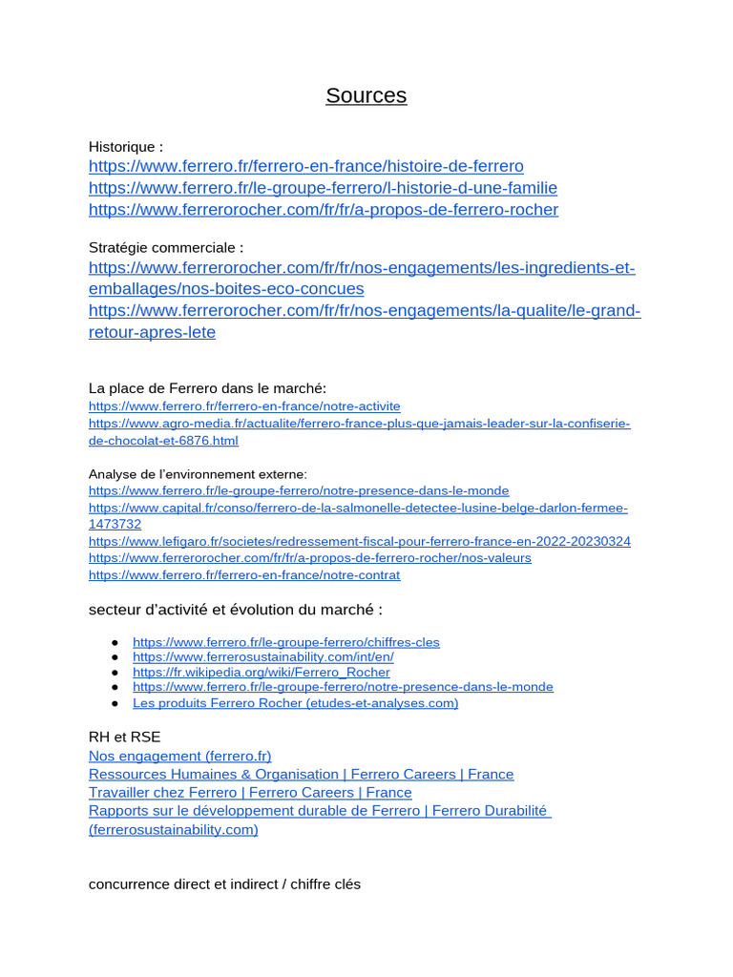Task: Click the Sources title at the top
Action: pyautogui.click(x=366, y=95)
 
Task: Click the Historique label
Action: pyautogui.click(x=125, y=147)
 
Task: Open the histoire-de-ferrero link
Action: pyautogui.click(x=305, y=166)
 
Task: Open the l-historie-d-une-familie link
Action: pyautogui.click(x=323, y=188)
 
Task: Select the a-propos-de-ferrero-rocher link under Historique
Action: pyautogui.click(x=323, y=210)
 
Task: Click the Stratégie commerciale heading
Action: pyautogui.click(x=166, y=248)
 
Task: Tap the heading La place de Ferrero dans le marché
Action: pyautogui.click(x=207, y=388)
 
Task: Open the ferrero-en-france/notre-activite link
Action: pyautogui.click(x=244, y=406)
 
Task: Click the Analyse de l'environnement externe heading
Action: pyautogui.click(x=198, y=474)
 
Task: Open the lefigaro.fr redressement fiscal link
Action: pyautogui.click(x=359, y=542)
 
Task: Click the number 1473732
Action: pyautogui.click(x=115, y=525)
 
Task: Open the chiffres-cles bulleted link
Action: pyautogui.click(x=285, y=642)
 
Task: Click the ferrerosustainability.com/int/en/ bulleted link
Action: pyautogui.click(x=262, y=657)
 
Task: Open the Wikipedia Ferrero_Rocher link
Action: pyautogui.click(x=261, y=673)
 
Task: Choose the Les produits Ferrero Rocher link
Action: pyautogui.click(x=295, y=703)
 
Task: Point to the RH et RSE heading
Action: pyautogui.click(x=124, y=737)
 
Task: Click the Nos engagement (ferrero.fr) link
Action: pyautogui.click(x=179, y=756)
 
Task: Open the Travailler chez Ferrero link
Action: pyautogui.click(x=250, y=793)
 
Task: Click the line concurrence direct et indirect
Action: pyautogui.click(x=224, y=884)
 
